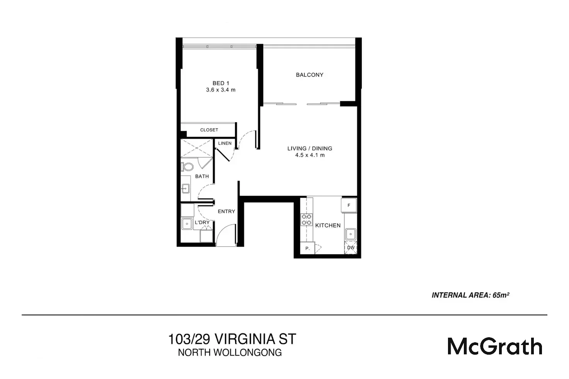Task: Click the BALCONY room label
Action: pyautogui.click(x=309, y=75)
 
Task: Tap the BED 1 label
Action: pyautogui.click(x=221, y=83)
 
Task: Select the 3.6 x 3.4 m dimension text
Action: pyautogui.click(x=221, y=90)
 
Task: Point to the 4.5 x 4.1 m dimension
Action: pyautogui.click(x=310, y=155)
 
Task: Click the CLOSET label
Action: pyautogui.click(x=209, y=130)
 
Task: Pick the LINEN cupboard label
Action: pyautogui.click(x=225, y=143)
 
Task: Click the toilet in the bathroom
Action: pyautogui.click(x=187, y=167)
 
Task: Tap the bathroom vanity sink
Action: pyautogui.click(x=186, y=189)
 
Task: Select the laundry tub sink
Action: pyautogui.click(x=187, y=223)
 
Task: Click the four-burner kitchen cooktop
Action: pyautogui.click(x=307, y=219)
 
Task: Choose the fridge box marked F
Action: pyautogui.click(x=349, y=205)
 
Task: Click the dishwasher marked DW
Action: pyautogui.click(x=351, y=248)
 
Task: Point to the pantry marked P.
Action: pyautogui.click(x=308, y=248)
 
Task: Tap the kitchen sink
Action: pyautogui.click(x=351, y=234)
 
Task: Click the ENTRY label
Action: pyautogui.click(x=226, y=211)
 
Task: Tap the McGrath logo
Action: pyautogui.click(x=495, y=346)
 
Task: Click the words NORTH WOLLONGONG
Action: pyautogui.click(x=230, y=352)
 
